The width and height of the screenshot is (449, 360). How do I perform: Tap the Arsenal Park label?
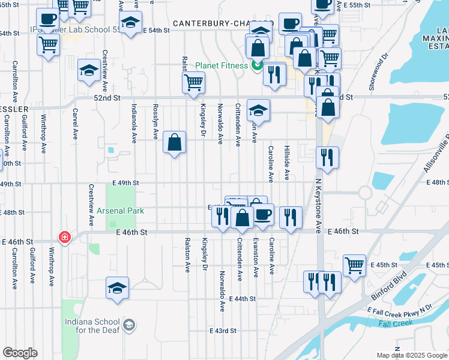(118, 211)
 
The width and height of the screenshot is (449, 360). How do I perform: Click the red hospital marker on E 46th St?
(64, 237)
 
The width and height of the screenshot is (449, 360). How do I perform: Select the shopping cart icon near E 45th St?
(354, 264)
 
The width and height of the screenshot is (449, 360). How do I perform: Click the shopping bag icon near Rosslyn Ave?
(174, 142)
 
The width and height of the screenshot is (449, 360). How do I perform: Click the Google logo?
(20, 353)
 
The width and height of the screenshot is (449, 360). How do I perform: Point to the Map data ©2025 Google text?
(411, 355)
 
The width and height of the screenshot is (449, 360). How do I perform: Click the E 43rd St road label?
(223, 331)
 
